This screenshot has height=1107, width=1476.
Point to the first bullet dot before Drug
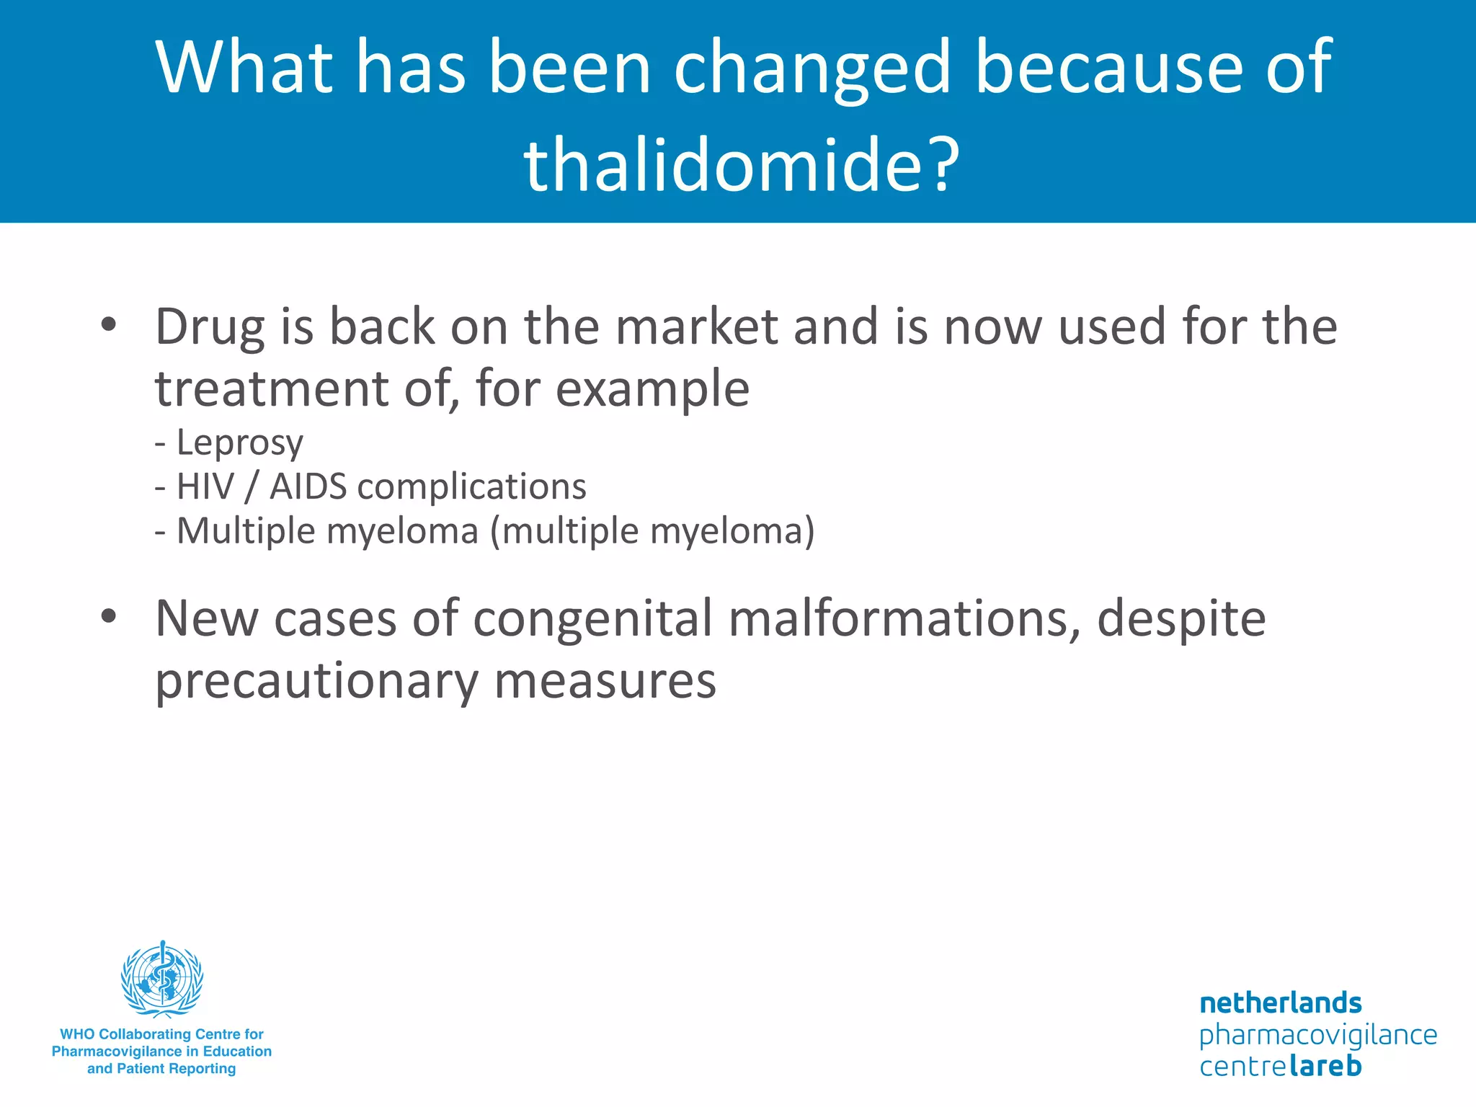[x=109, y=325]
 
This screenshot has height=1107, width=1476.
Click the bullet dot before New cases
[x=109, y=616]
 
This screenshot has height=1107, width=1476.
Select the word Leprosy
[x=240, y=443]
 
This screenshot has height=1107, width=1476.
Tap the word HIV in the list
[x=205, y=486]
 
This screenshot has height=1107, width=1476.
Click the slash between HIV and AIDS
[x=251, y=487]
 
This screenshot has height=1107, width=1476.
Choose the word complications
[x=471, y=487]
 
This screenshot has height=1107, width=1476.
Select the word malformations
[x=904, y=618]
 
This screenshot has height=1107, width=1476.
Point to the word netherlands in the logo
[x=1280, y=1002]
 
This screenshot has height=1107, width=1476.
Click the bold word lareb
[x=1325, y=1066]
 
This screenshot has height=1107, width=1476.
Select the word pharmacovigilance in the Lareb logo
[x=1317, y=1035]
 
